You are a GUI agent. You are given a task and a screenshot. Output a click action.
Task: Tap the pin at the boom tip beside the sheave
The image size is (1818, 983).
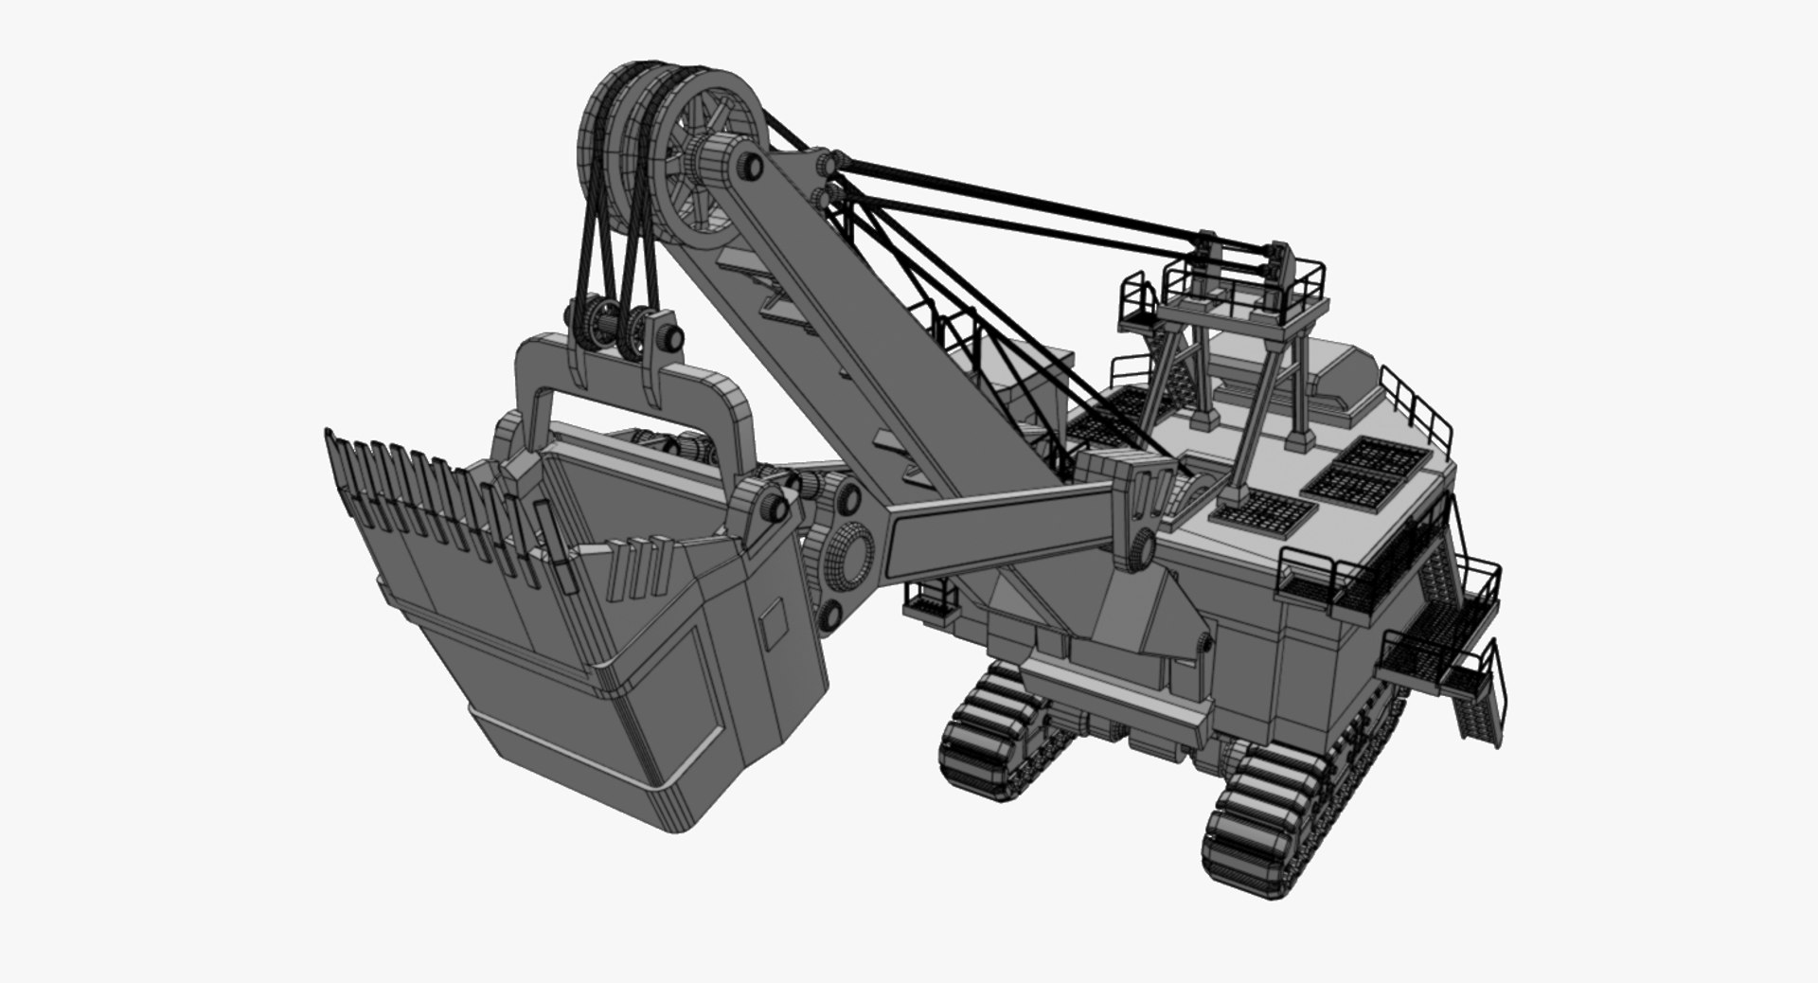754,167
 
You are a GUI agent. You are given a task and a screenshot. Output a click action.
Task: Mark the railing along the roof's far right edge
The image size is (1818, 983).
1416,407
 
